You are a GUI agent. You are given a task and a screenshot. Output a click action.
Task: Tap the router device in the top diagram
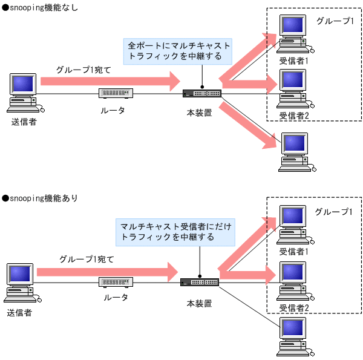click(x=114, y=93)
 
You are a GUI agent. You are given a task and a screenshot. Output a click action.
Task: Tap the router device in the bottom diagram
click(x=114, y=282)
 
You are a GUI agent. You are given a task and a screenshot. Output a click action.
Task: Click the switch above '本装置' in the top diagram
click(x=202, y=93)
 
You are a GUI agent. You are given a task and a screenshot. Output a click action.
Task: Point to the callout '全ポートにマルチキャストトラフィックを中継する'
click(x=178, y=51)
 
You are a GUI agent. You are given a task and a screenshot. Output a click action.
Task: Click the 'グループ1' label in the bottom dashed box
click(x=333, y=212)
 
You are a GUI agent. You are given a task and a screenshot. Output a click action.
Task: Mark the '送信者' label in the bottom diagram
click(x=19, y=313)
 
